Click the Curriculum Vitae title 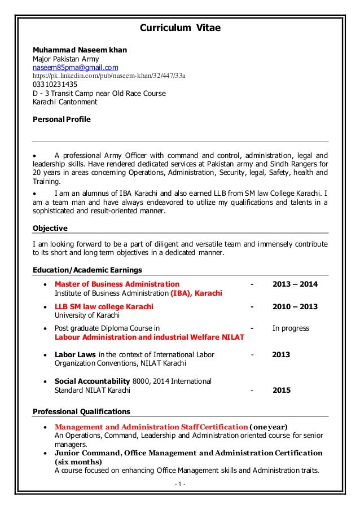click(180, 27)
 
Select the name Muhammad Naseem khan click(80, 50)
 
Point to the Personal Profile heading click(61, 120)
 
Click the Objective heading click(50, 228)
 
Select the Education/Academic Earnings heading click(87, 270)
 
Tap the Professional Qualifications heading click(81, 411)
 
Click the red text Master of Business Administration click(117, 284)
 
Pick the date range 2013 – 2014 click(295, 284)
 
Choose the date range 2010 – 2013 click(295, 307)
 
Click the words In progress click(291, 328)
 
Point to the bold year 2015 click(282, 390)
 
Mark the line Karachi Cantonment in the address click(65, 102)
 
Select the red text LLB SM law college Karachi click(103, 307)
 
